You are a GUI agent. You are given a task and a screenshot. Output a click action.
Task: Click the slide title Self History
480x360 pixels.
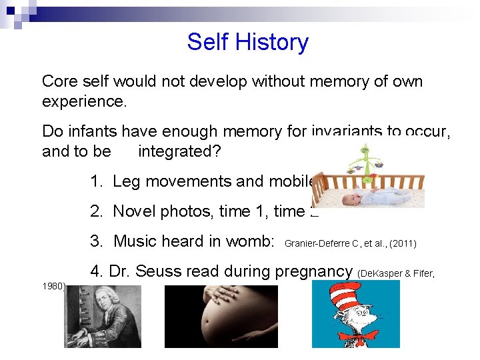point(247,42)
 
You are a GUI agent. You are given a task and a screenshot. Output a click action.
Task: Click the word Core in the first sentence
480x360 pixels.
point(58,81)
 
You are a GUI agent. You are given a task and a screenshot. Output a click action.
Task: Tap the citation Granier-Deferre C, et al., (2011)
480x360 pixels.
point(350,244)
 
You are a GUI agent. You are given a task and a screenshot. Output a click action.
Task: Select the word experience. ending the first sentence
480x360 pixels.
point(84,101)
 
